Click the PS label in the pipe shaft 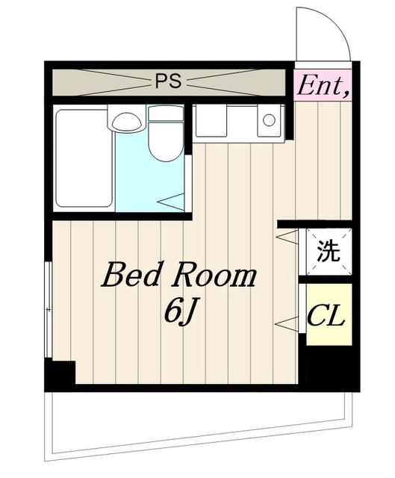tap(169, 81)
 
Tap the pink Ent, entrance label tap(323, 87)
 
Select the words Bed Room tap(179, 275)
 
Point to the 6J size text tap(180, 314)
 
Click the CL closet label tap(326, 317)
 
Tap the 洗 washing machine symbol tap(329, 251)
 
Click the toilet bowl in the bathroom tap(166, 141)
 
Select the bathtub tap(84, 158)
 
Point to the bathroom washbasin tap(127, 121)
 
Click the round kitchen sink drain tap(269, 119)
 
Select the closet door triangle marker tap(287, 323)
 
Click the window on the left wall tap(48, 309)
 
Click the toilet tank tap(166, 113)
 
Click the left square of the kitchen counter tap(211, 120)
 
